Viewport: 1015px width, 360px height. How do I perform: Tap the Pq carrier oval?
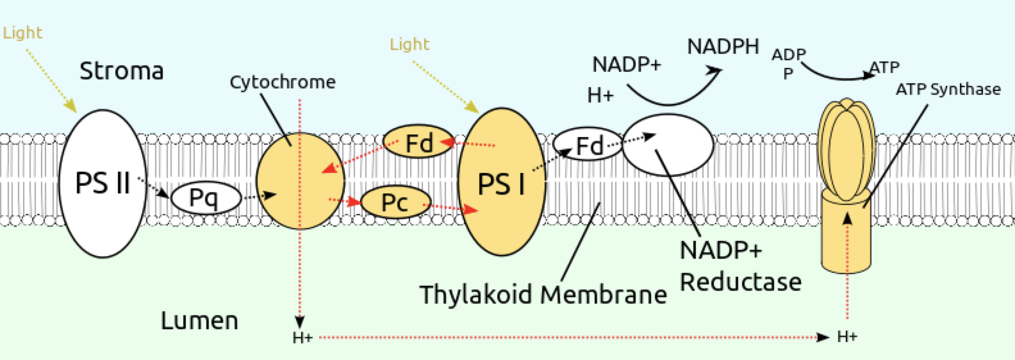[x=205, y=199]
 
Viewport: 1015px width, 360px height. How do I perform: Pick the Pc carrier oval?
[x=395, y=202]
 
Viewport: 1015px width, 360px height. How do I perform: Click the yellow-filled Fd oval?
[x=418, y=142]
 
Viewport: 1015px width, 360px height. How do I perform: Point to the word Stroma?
[x=121, y=70]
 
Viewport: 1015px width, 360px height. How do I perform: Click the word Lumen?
[x=199, y=320]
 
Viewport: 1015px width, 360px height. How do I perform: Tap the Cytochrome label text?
[x=282, y=82]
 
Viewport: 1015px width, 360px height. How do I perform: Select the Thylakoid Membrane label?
[x=543, y=295]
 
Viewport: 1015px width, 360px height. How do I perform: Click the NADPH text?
[x=723, y=47]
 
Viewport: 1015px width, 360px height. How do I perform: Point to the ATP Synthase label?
[x=948, y=89]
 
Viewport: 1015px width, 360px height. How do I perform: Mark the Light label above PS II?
[x=22, y=33]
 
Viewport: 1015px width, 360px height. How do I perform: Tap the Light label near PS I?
[x=409, y=44]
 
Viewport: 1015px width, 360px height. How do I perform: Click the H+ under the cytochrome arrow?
[x=302, y=338]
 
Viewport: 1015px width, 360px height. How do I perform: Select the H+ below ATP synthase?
[x=846, y=337]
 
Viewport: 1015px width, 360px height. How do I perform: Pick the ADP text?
[x=788, y=55]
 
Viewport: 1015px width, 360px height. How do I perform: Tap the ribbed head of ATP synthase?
[x=846, y=151]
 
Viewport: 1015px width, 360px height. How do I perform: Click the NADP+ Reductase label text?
[x=740, y=266]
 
